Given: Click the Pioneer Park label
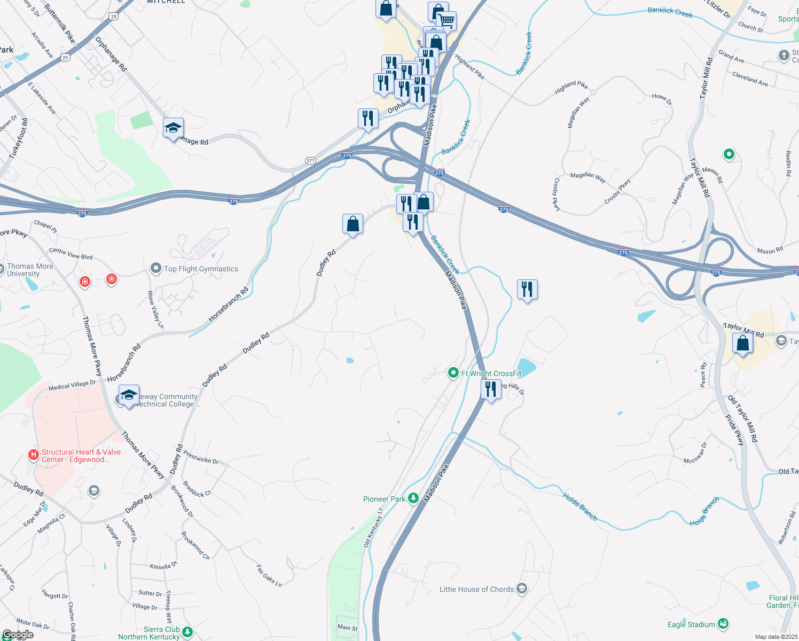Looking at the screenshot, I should tap(384, 499).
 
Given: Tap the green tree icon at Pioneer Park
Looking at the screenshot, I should tap(413, 498).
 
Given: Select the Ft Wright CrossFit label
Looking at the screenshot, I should tap(491, 373).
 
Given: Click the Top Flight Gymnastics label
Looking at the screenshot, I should tap(201, 269).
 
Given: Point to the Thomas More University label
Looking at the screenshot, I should tap(30, 270).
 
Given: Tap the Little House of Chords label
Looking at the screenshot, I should tap(476, 589).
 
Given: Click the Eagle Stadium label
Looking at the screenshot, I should tap(691, 624).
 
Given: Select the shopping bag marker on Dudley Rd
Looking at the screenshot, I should tap(352, 224).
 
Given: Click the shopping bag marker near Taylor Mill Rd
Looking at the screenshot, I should tap(742, 343).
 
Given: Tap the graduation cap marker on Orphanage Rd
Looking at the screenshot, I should tap(173, 128).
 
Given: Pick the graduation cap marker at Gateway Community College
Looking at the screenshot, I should tap(129, 395).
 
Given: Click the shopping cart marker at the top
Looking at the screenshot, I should tap(446, 21).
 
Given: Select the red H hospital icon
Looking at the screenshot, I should tap(33, 455).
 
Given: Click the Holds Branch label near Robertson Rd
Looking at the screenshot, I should tap(704, 512).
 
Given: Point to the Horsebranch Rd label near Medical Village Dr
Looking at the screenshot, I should tap(124, 363).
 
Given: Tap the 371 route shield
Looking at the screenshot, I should tap(310, 160).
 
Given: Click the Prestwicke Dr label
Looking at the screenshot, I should tap(201, 457).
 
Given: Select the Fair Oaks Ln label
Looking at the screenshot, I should tap(269, 576).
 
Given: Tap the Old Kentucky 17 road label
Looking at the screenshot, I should tap(374, 528).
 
